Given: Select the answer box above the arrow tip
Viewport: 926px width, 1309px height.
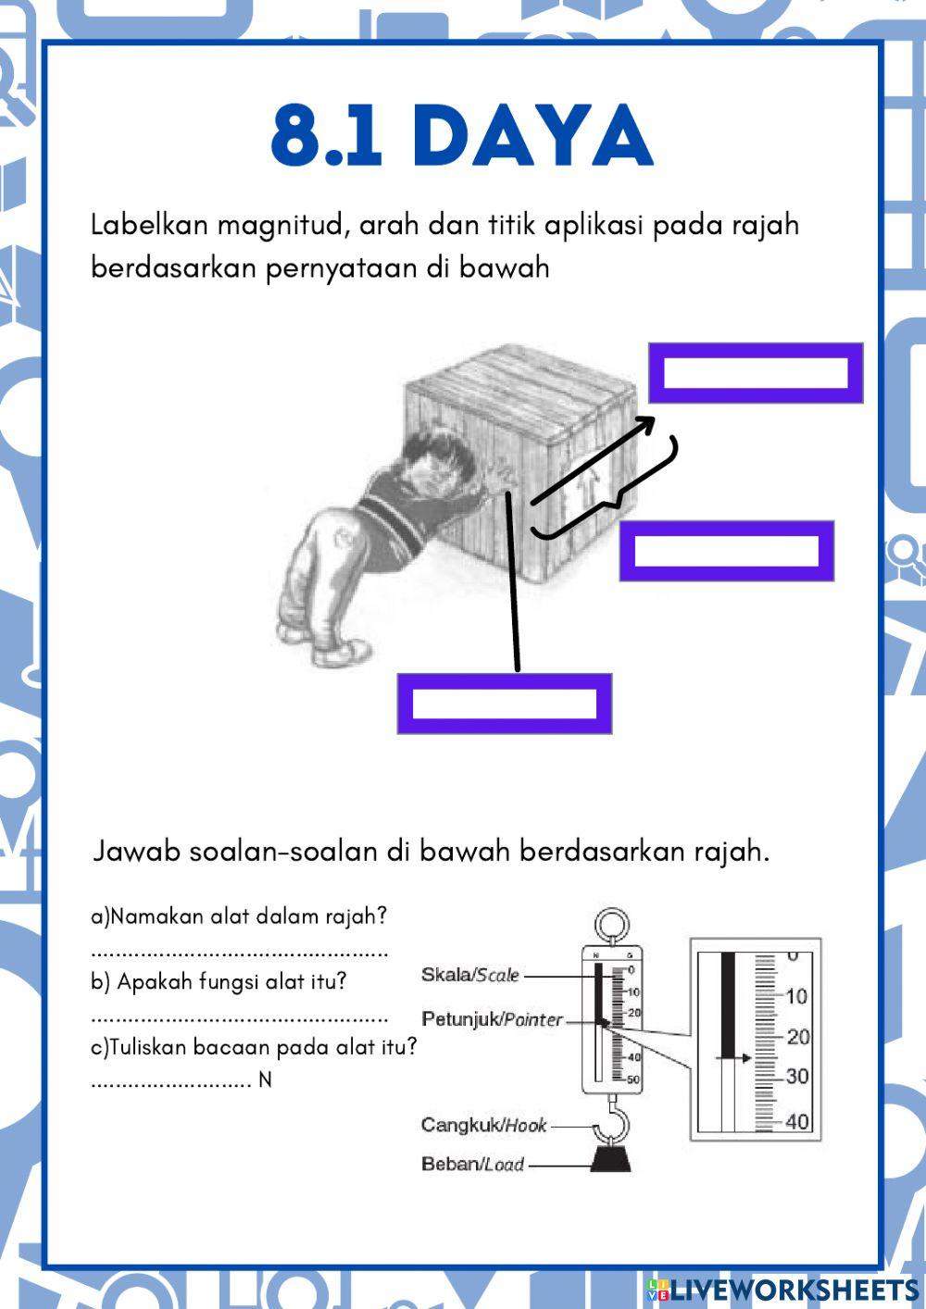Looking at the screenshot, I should pyautogui.click(x=756, y=372).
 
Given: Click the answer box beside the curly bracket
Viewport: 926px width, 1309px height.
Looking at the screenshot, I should pyautogui.click(x=727, y=551).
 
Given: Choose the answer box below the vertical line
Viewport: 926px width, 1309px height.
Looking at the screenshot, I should pyautogui.click(x=505, y=704).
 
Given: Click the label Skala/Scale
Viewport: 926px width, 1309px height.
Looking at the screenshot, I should pyautogui.click(x=469, y=975).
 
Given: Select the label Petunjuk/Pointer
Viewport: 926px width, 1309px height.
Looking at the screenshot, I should pyautogui.click(x=492, y=1019).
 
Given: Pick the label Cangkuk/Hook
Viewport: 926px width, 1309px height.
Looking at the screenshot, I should pyautogui.click(x=483, y=1125).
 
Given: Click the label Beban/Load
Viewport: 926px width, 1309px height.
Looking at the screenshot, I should pyautogui.click(x=472, y=1164).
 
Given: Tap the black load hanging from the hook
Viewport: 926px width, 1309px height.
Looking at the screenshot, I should pyautogui.click(x=611, y=1158).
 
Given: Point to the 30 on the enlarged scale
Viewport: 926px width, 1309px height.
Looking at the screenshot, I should pyautogui.click(x=796, y=1077).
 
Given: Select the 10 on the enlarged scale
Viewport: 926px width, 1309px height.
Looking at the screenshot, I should pyautogui.click(x=796, y=996).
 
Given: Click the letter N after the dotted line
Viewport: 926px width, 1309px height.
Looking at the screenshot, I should pyautogui.click(x=265, y=1080).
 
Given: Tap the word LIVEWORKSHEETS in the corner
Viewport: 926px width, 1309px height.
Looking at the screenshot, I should pyautogui.click(x=794, y=1290).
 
